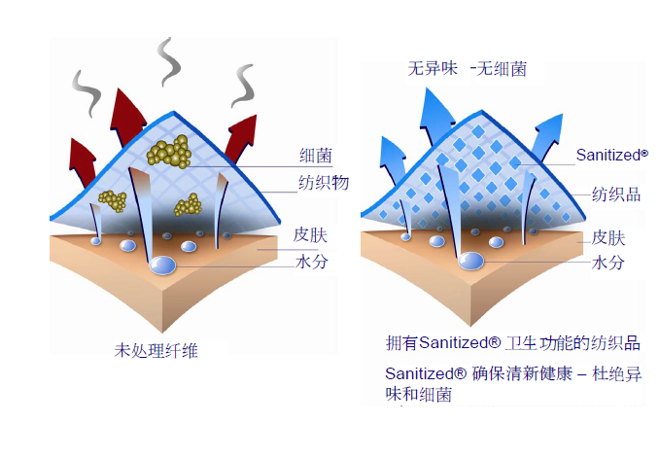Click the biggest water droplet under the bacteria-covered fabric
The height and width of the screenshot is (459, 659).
163,264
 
